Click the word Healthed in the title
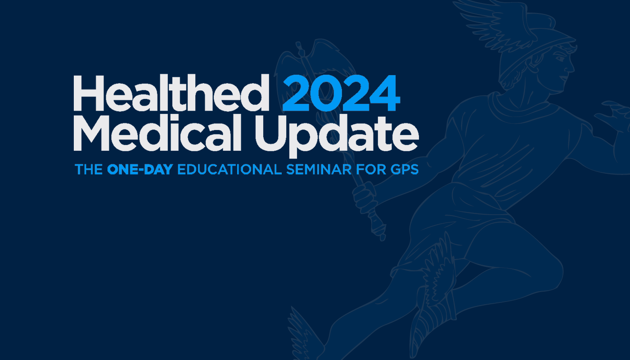tap(171, 93)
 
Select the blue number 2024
tap(341, 94)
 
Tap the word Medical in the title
tap(157, 132)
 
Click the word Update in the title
tap(337, 135)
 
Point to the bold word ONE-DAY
tap(140, 170)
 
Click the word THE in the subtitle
tap(88, 170)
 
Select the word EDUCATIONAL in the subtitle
tap(229, 170)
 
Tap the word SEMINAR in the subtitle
tap(319, 170)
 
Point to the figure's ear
tap(536, 60)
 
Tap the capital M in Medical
tap(91, 133)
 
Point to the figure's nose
tap(571, 67)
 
